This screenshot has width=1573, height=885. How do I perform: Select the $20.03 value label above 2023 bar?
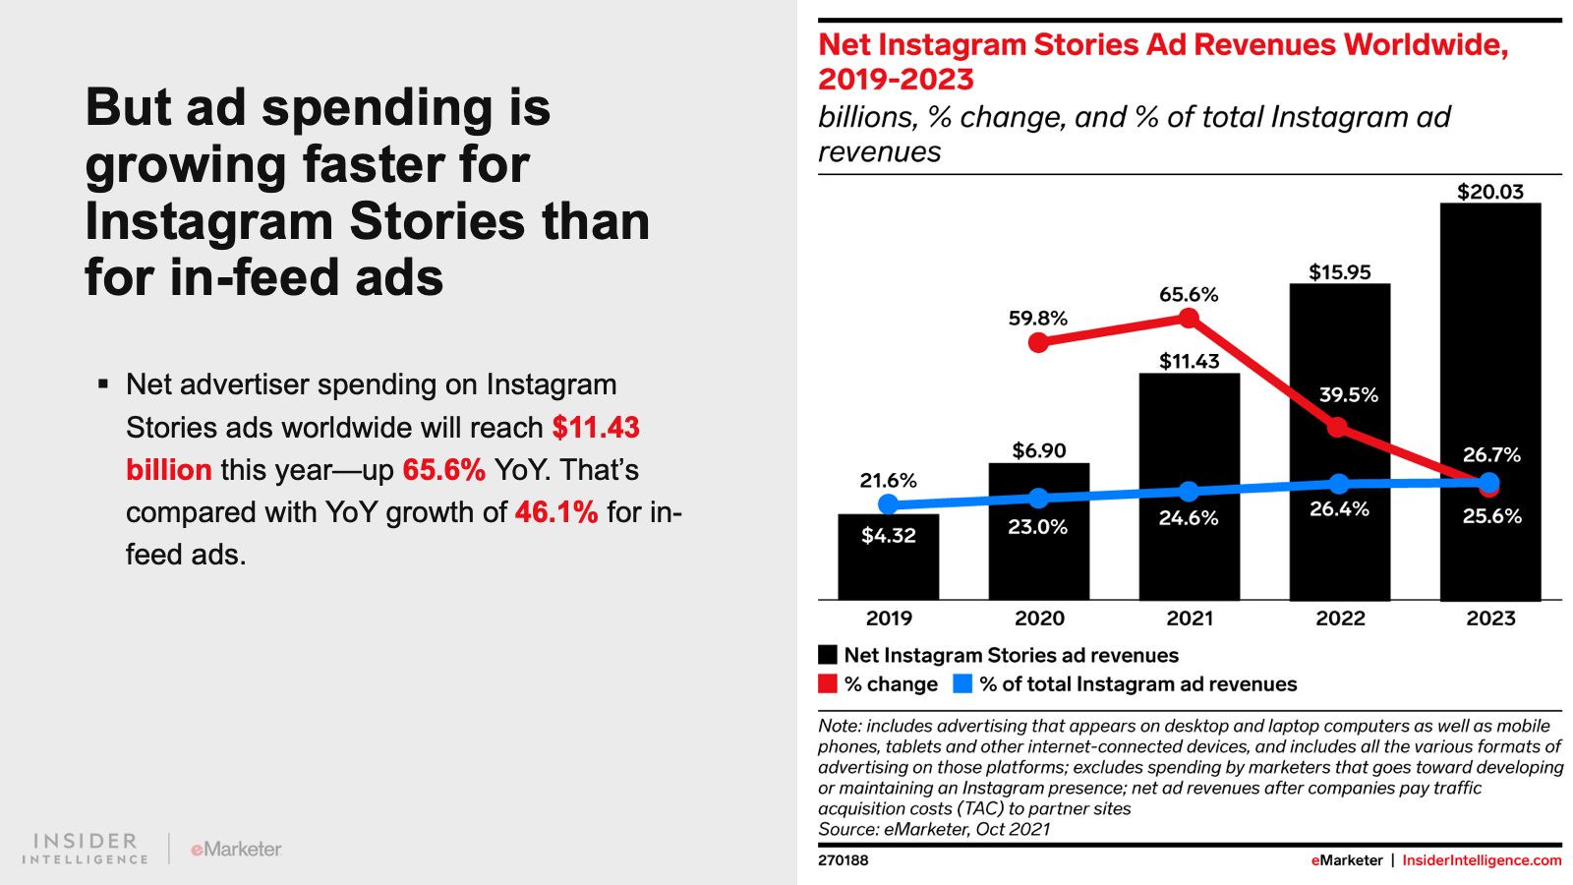point(1489,192)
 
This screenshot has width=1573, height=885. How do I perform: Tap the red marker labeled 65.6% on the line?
point(1189,318)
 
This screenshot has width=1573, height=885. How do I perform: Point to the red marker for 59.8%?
point(1038,342)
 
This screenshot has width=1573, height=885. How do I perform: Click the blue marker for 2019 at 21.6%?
point(888,504)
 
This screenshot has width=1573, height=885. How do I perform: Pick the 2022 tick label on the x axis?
point(1340,619)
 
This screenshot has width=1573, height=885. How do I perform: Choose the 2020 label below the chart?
point(1039,619)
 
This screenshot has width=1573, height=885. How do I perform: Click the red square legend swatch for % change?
point(828,683)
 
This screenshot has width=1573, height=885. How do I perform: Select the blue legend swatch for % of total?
point(962,683)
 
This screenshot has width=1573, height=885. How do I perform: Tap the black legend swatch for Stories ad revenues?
point(828,655)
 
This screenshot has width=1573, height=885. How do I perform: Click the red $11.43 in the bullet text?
point(596,428)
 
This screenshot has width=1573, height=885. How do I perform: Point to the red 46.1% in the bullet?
point(556,512)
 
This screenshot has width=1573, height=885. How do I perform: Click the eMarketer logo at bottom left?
point(236,849)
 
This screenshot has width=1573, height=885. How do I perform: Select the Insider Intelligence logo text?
point(86,849)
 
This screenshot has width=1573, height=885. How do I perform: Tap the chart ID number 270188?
point(843,860)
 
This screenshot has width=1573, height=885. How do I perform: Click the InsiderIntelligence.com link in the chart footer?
point(1482,860)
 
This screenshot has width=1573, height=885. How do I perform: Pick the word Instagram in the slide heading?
point(208,221)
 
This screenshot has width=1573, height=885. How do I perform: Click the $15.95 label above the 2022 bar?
point(1339,272)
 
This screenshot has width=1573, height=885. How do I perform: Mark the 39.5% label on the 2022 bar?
point(1348,395)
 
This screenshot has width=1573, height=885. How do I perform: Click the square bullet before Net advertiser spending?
point(103,383)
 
